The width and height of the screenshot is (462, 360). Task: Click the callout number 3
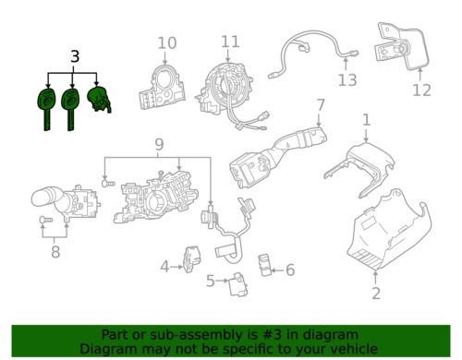(x=74, y=57)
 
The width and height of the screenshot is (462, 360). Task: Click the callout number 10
(x=166, y=42)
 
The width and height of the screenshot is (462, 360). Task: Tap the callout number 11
(x=230, y=41)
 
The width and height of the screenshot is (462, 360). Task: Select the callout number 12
(x=422, y=90)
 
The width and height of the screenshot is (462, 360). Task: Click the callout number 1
(x=366, y=120)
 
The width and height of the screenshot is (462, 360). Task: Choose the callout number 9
(x=158, y=146)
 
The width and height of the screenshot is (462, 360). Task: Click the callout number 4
(x=164, y=267)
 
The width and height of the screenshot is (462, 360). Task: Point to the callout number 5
(x=210, y=281)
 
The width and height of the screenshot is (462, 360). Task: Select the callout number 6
(x=289, y=270)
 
